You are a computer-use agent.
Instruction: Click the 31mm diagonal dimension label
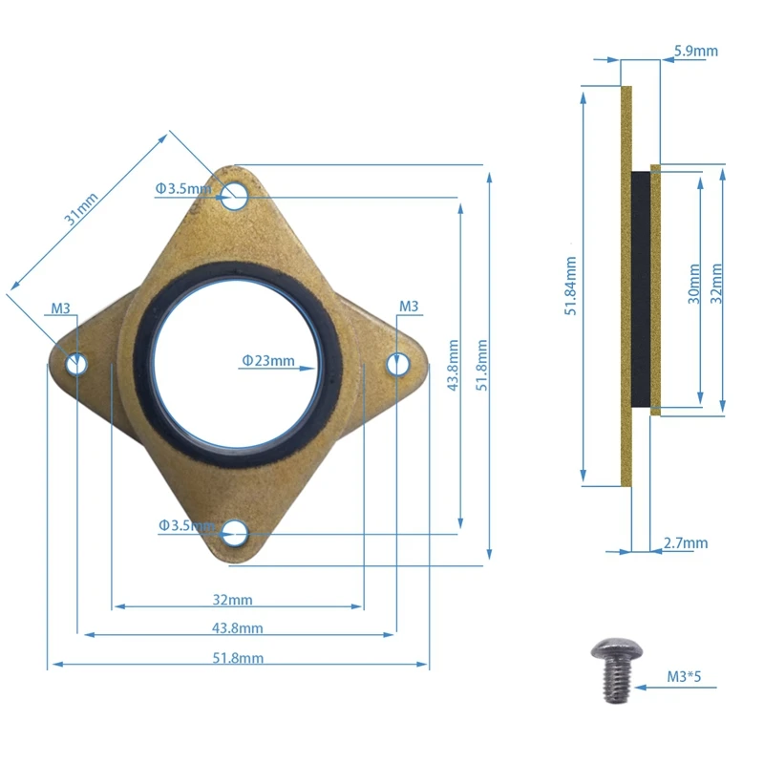tap(81, 209)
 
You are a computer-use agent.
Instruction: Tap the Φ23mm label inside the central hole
tap(268, 361)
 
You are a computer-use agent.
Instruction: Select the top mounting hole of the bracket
tap(234, 196)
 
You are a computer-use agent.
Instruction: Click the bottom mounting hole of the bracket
tap(235, 534)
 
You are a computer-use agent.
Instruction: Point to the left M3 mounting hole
tap(76, 364)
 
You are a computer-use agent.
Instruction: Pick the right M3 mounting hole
tap(397, 364)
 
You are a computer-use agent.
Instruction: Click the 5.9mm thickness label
tap(696, 51)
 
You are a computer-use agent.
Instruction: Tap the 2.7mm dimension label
tap(686, 542)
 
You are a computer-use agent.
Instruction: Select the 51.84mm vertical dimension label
tap(570, 286)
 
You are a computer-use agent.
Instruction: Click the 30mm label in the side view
tap(694, 284)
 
